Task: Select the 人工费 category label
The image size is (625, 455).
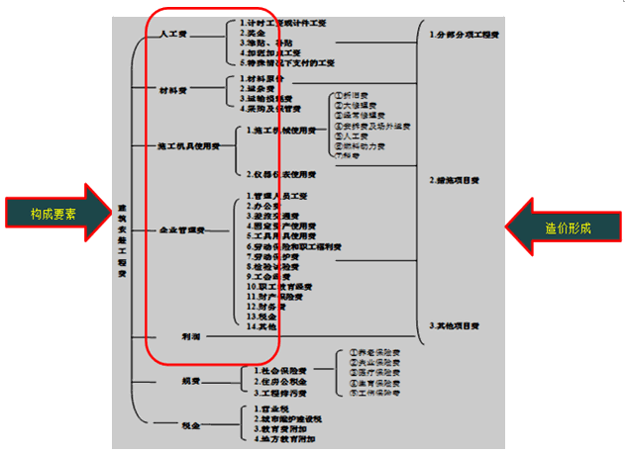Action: (176, 34)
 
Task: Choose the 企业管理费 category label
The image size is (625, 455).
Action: (181, 229)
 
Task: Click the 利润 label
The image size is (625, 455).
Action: (190, 336)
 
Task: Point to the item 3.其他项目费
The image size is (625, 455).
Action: (457, 325)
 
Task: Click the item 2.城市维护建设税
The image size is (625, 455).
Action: (287, 418)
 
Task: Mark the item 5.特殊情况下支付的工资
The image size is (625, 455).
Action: (287, 62)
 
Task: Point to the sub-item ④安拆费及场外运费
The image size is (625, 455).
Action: (373, 127)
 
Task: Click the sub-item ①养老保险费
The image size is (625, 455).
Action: (370, 353)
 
